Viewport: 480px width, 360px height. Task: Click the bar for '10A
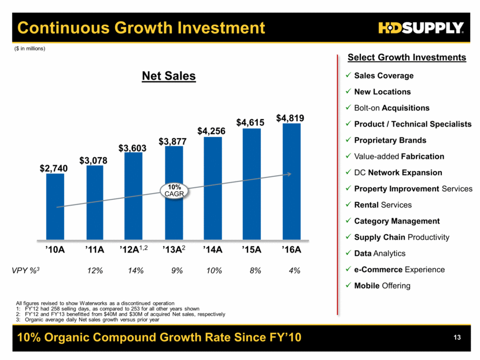(x=56, y=206)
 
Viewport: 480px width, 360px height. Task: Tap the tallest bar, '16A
(x=291, y=181)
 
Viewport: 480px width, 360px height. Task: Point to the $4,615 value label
(x=252, y=122)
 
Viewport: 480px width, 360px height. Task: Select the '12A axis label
(x=134, y=250)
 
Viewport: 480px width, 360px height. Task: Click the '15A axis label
(x=252, y=250)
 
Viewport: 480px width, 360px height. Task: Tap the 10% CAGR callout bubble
(x=174, y=191)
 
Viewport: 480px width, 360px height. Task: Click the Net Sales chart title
(x=169, y=76)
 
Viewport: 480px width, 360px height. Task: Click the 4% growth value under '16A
(x=292, y=270)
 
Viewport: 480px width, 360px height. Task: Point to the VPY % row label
(x=29, y=270)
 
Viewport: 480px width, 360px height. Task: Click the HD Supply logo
(x=421, y=28)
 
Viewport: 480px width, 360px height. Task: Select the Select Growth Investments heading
(x=407, y=57)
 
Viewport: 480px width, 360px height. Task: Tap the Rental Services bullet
(x=383, y=205)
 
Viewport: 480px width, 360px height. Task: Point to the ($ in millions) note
(x=29, y=49)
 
